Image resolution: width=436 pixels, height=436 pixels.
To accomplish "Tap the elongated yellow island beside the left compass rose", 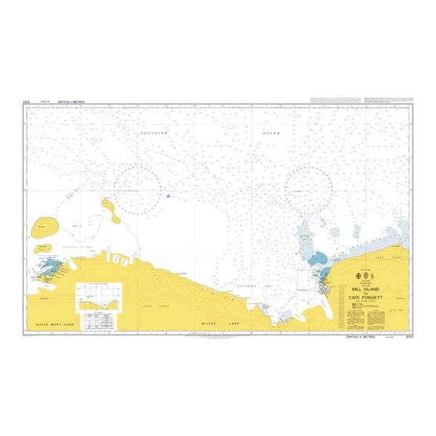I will click(x=110, y=211).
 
